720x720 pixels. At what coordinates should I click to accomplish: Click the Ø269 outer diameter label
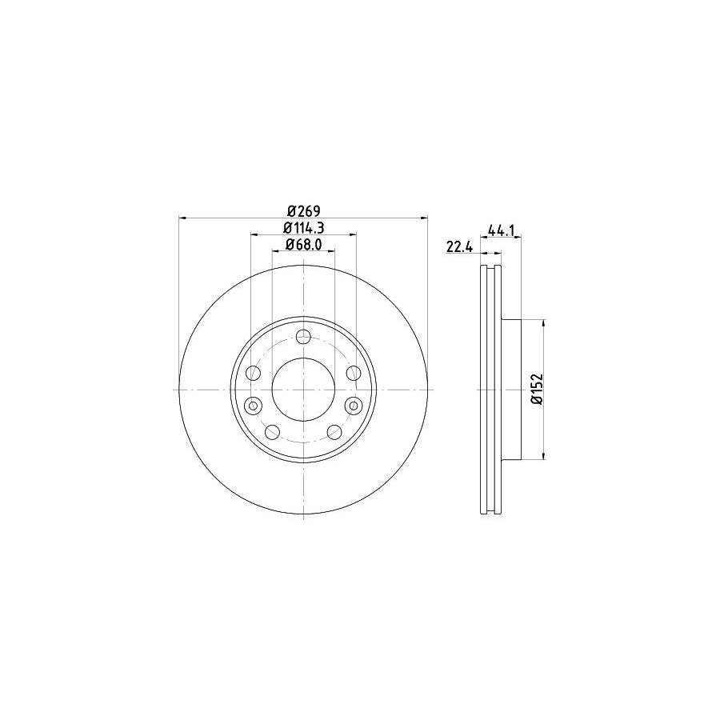click(x=303, y=210)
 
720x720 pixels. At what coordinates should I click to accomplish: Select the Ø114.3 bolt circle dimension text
click(x=303, y=228)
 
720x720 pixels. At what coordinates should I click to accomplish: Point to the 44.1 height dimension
click(x=500, y=230)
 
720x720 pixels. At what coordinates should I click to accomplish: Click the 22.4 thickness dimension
click(x=461, y=247)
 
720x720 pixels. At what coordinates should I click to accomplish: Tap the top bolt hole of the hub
click(x=303, y=337)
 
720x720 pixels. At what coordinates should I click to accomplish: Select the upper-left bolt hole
click(x=254, y=373)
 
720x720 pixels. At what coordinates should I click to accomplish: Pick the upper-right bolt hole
click(x=353, y=373)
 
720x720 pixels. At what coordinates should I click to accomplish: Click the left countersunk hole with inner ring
click(x=254, y=406)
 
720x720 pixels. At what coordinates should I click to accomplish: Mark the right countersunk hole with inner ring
click(x=353, y=406)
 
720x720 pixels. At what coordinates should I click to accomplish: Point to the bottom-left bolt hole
click(x=272, y=433)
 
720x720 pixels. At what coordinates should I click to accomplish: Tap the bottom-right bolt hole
click(x=334, y=433)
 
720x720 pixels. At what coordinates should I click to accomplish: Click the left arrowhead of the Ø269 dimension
click(x=182, y=217)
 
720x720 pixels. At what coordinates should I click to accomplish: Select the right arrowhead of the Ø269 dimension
click(x=424, y=217)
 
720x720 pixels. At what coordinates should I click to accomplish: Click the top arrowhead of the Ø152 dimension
click(x=546, y=323)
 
